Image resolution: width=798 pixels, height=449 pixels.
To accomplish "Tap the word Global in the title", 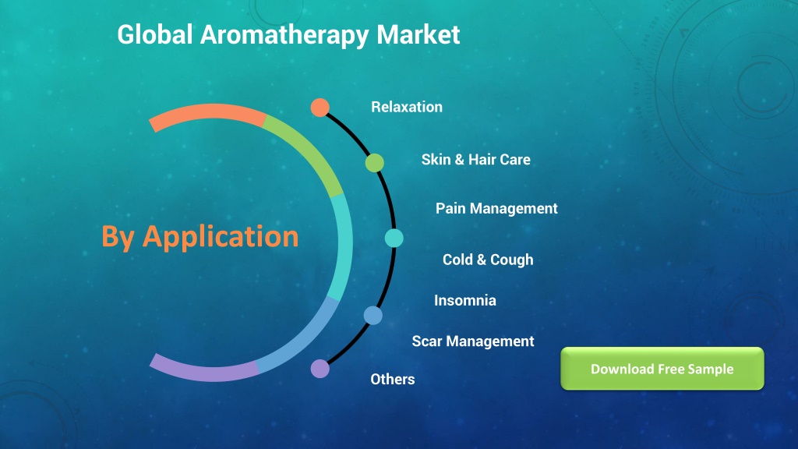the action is click(x=155, y=34).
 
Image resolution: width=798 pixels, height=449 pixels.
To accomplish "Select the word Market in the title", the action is click(x=418, y=34).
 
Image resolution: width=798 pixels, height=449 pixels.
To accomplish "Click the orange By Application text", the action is click(x=200, y=237).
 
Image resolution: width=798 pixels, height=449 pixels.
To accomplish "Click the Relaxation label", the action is click(x=407, y=107).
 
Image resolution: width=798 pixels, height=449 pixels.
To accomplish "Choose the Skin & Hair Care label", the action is click(x=476, y=159).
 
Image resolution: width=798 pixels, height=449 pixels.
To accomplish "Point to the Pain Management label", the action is click(x=496, y=209).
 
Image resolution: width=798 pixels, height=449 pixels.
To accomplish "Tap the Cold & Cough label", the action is click(x=488, y=260).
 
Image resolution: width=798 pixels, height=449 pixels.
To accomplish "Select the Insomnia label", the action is click(x=465, y=300).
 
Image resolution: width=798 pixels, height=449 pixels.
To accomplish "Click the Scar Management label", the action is click(x=473, y=341).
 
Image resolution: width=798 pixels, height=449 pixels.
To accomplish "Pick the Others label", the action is click(x=393, y=380).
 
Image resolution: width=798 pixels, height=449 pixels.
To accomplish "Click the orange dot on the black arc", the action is click(x=320, y=108).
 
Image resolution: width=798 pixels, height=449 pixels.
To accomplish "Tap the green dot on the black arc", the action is click(x=375, y=163).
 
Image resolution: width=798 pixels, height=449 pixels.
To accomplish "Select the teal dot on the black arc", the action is click(x=394, y=238).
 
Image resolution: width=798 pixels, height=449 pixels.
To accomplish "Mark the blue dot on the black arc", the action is click(x=373, y=316).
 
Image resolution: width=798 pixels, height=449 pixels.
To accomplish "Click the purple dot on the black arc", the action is click(x=320, y=369).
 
